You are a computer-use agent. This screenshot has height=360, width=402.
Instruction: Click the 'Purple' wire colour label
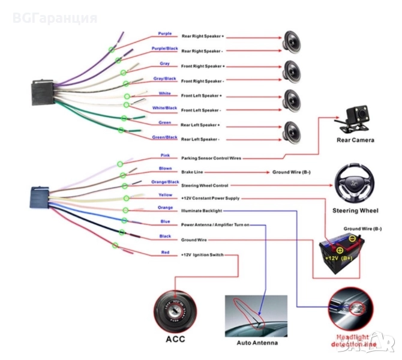coord(164,34)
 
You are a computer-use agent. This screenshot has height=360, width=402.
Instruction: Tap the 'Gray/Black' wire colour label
coord(164,78)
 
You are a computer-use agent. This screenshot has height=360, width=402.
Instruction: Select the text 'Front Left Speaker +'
coord(202,95)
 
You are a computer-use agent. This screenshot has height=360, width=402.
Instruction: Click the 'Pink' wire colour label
coord(165,155)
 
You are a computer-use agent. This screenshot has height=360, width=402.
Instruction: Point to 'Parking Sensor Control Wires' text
coord(211,158)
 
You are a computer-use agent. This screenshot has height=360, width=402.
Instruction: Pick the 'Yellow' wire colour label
coord(165,194)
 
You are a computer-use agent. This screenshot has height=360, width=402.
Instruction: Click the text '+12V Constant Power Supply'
coord(210,197)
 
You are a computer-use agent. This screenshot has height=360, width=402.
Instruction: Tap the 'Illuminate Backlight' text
coord(202,211)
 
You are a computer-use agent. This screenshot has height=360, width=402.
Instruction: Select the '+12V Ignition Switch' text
coord(202,255)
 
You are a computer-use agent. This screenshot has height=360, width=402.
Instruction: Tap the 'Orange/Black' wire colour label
coord(165,181)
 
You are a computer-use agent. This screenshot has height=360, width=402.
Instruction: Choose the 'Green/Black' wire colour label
coord(164,137)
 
